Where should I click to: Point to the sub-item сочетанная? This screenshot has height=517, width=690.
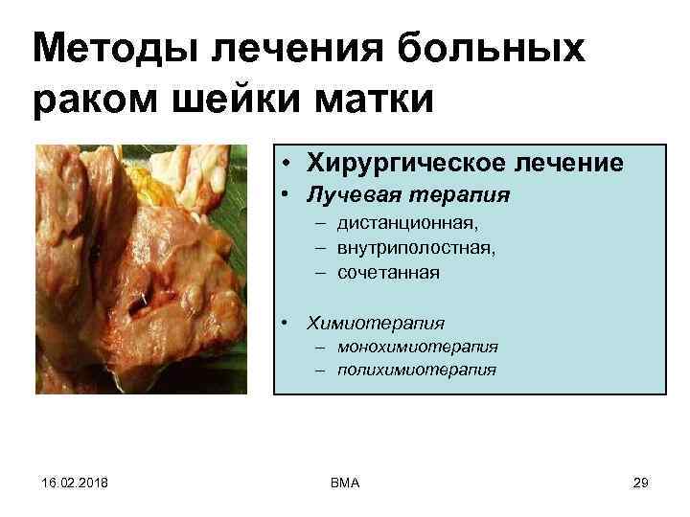click(388, 273)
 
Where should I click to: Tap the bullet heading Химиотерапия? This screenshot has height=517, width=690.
click(375, 323)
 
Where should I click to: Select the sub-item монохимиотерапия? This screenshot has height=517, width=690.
click(418, 347)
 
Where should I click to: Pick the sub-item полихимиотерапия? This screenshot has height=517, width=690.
click(417, 369)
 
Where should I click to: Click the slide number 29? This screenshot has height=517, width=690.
click(641, 483)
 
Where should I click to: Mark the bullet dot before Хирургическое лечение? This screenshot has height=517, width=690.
click(287, 164)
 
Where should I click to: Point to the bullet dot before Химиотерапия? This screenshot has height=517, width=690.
click(287, 324)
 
